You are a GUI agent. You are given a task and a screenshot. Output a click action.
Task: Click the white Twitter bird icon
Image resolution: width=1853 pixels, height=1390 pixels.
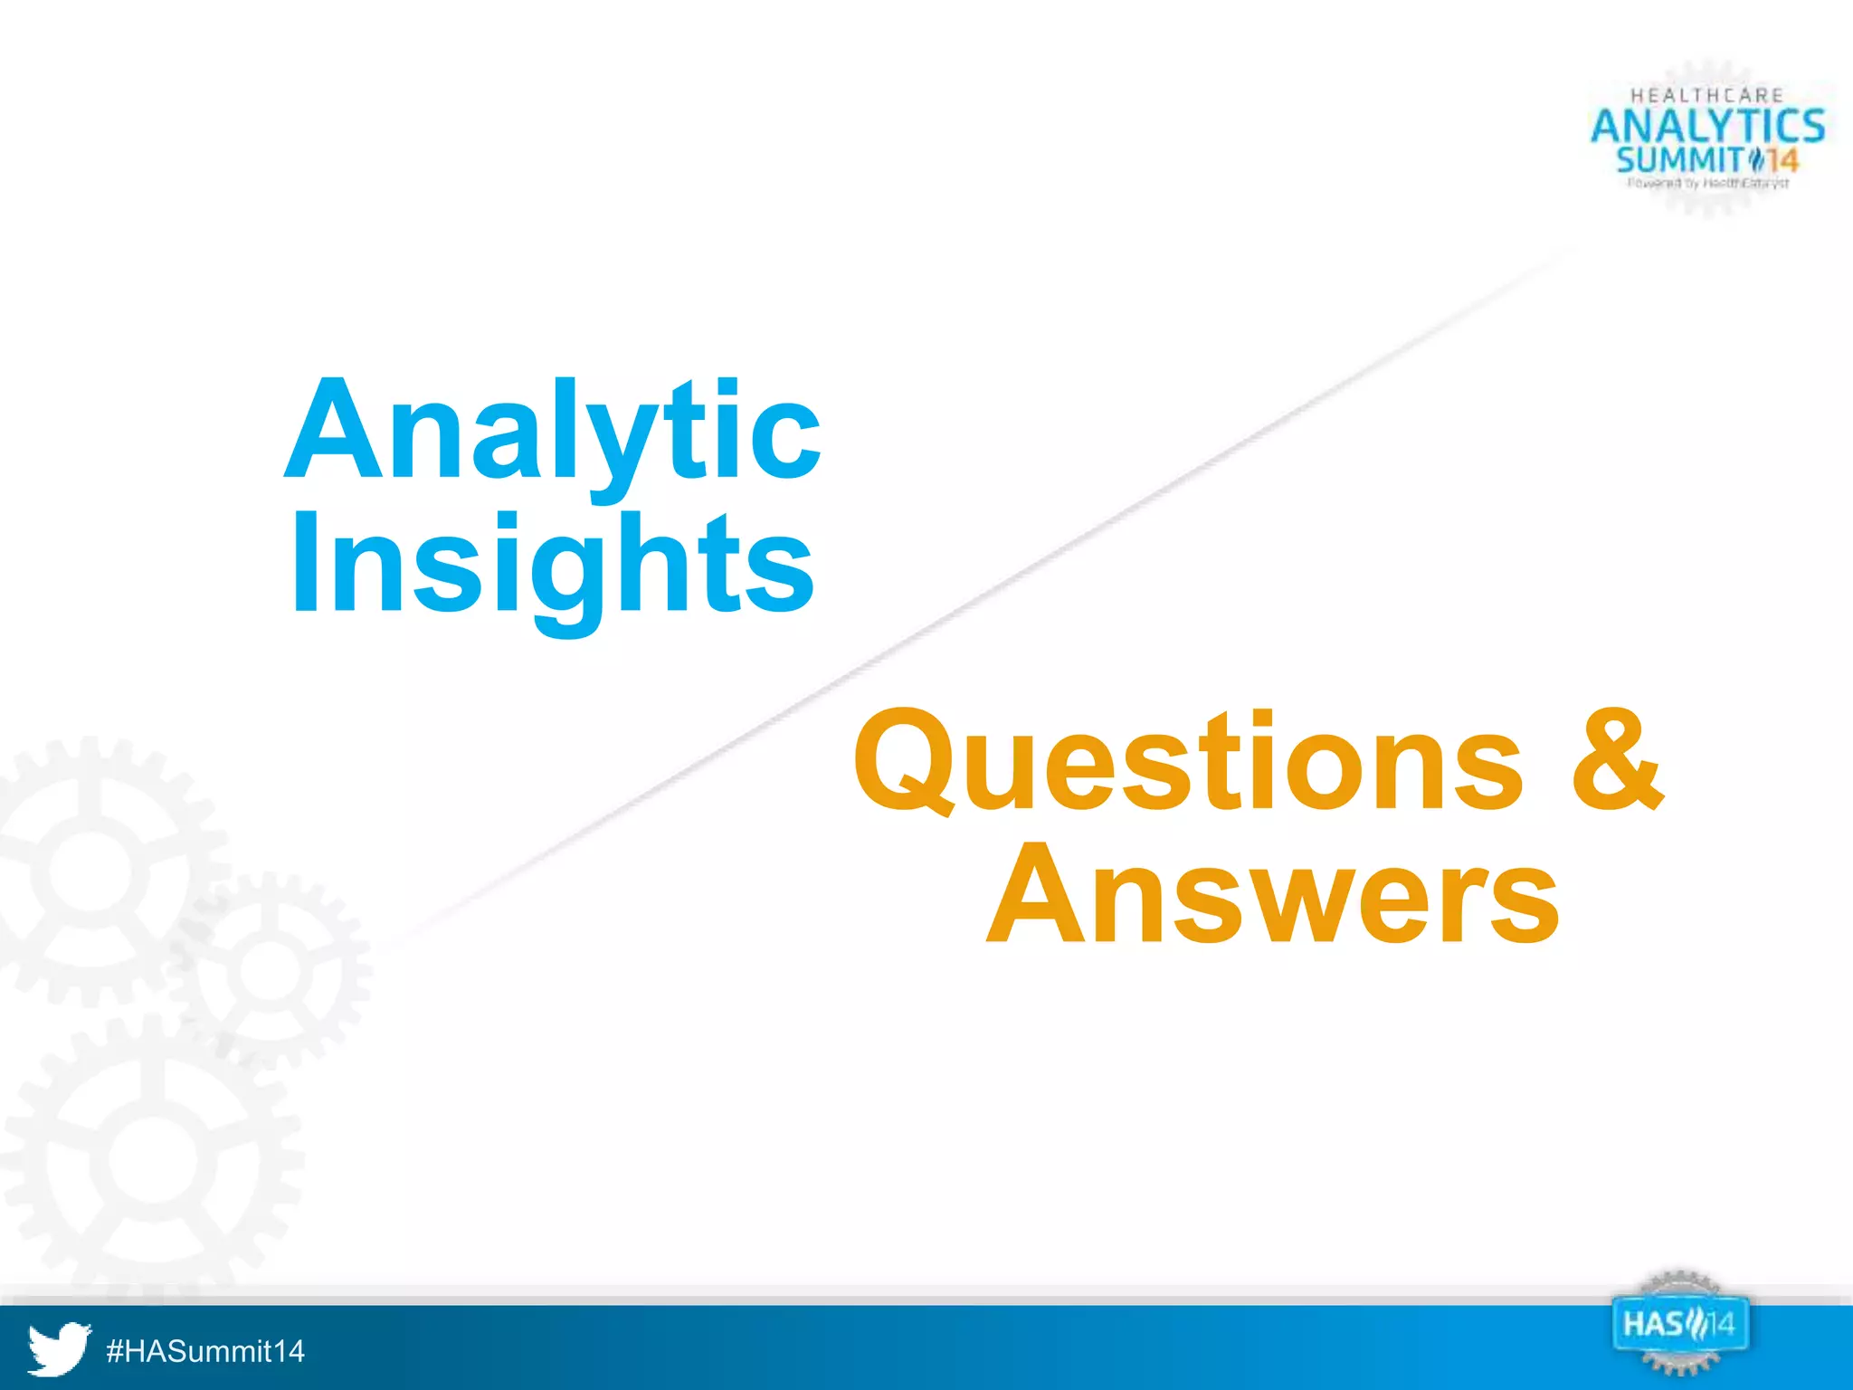[x=59, y=1349]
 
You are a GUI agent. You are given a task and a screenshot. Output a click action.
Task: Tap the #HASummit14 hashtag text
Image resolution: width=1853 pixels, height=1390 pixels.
[x=205, y=1351]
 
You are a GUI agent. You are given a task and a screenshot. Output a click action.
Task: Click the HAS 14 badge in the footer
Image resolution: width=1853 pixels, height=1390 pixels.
[x=1679, y=1325]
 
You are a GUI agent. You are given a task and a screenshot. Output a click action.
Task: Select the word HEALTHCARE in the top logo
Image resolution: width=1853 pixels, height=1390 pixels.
[x=1706, y=95]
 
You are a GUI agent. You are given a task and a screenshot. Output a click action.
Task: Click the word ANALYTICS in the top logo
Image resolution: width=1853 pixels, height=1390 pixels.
[x=1707, y=126]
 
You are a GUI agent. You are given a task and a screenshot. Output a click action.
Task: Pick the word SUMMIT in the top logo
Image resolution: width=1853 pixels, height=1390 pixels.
[x=1678, y=161]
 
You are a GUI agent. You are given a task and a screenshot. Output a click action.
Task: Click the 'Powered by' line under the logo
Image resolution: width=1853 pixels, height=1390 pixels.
[x=1707, y=184]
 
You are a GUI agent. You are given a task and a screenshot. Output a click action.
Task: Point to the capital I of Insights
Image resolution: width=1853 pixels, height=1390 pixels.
[x=304, y=562]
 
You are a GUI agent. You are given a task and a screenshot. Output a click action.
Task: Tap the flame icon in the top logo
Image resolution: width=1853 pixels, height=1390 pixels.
[x=1755, y=161]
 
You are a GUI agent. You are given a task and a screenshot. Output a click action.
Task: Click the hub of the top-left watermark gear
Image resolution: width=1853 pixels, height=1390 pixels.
[x=90, y=871]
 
